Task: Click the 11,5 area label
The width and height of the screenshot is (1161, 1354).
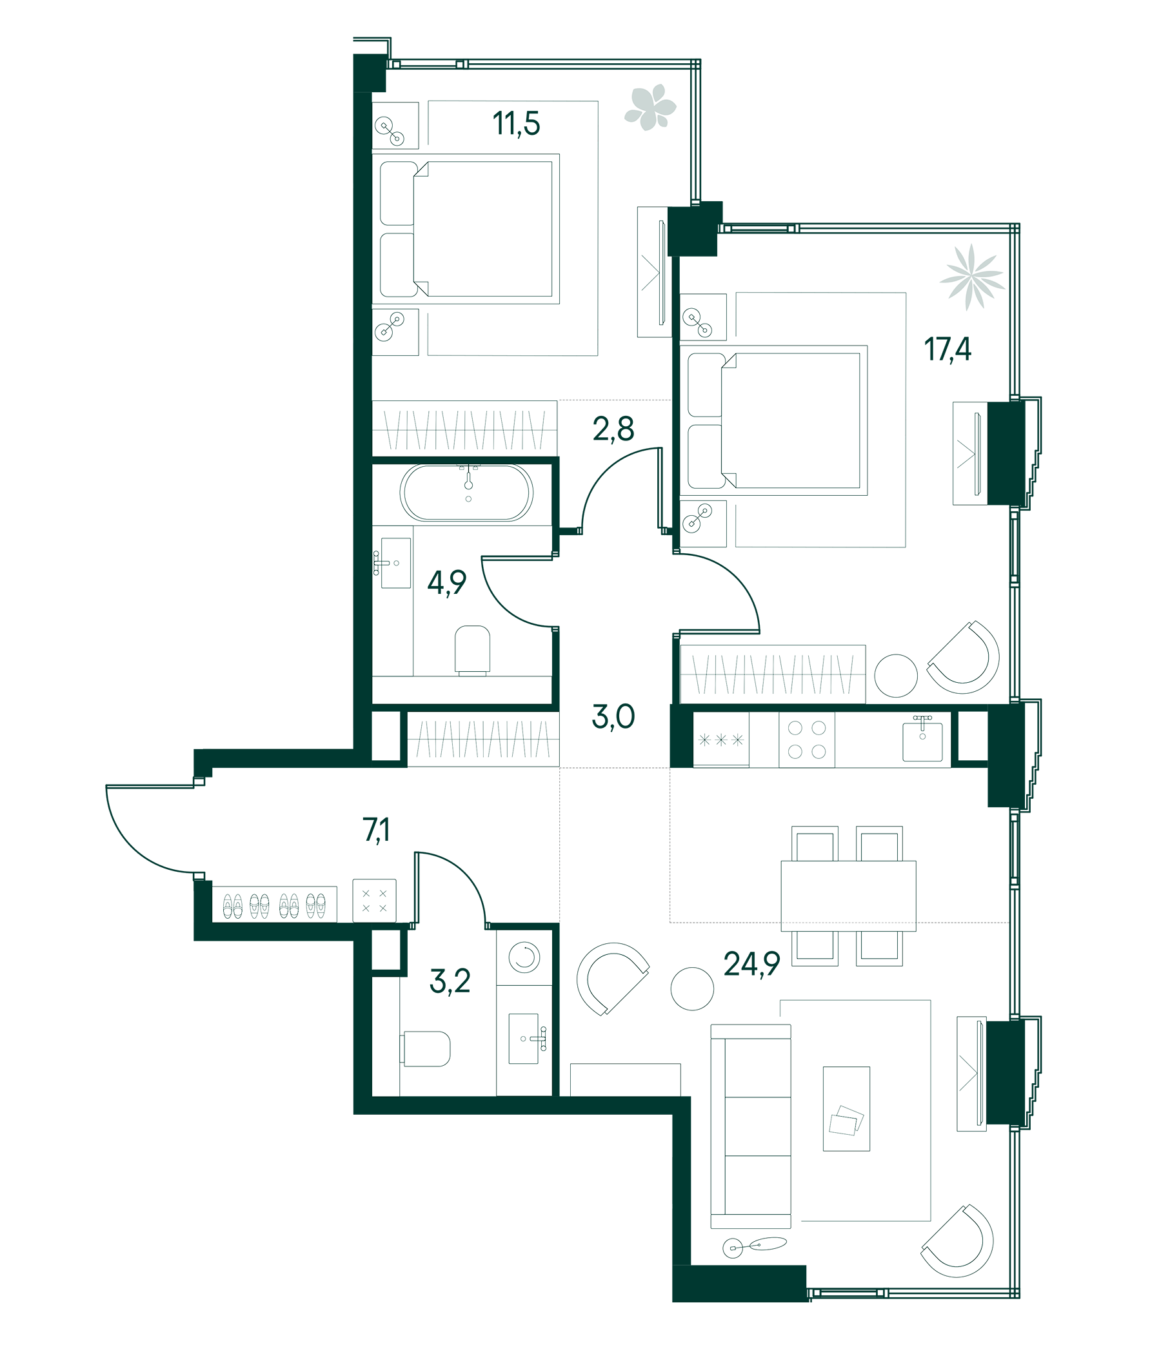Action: [x=516, y=124]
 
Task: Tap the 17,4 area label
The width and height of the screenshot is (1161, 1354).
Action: [x=948, y=349]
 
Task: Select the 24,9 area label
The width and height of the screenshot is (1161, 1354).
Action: [x=752, y=964]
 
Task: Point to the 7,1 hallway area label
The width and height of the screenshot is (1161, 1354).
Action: [x=377, y=830]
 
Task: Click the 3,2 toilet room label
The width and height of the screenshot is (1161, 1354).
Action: [x=450, y=981]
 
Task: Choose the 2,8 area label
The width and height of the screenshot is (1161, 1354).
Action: [x=613, y=429]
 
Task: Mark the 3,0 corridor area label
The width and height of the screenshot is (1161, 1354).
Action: [x=613, y=717]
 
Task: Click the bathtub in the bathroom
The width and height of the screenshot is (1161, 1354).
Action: [x=467, y=493]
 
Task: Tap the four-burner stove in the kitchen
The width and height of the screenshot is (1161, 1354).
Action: [x=806, y=739]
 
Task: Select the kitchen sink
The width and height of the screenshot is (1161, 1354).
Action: [x=922, y=741]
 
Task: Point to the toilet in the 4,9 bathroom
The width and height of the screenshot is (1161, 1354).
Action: [x=472, y=649]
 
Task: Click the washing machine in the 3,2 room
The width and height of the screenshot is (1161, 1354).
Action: [x=524, y=958]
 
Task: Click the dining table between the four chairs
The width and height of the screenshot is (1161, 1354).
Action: [x=848, y=895]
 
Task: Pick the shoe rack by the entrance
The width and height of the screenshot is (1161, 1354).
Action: [x=275, y=905]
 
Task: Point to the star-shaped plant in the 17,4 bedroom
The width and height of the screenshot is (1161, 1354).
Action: [x=972, y=277]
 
